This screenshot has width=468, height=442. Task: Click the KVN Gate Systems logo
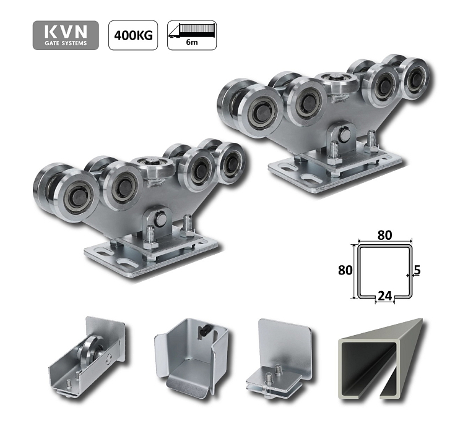(x=66, y=36)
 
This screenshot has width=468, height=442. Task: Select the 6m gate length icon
(x=191, y=36)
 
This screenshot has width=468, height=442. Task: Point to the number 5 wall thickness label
(x=417, y=270)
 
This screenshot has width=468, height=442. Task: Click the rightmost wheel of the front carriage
(x=229, y=162)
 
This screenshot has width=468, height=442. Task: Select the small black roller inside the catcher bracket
(x=202, y=332)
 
